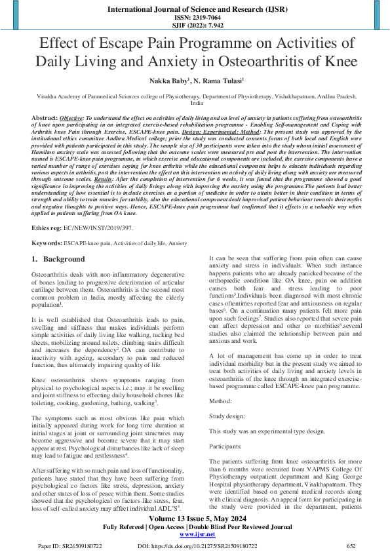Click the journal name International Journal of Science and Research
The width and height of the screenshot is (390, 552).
[195, 10]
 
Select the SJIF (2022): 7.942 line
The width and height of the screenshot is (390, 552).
[195, 27]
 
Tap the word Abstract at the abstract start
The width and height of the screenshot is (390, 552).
[45, 117]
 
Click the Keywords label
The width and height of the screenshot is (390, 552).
[47, 243]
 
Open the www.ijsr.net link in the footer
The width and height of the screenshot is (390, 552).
[195, 534]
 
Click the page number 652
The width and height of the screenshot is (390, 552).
[351, 545]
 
